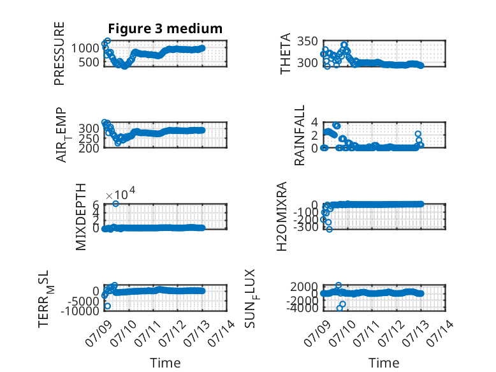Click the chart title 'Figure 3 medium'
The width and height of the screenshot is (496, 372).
(x=165, y=29)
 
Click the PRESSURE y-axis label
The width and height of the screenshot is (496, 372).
(x=59, y=54)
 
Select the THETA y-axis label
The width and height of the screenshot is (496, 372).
(x=286, y=54)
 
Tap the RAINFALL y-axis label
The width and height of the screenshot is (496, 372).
(x=299, y=135)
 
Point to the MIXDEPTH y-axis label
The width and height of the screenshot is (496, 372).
(x=81, y=217)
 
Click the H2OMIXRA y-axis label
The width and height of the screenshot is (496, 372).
(x=282, y=216)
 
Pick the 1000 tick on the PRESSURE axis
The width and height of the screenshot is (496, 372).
(x=85, y=48)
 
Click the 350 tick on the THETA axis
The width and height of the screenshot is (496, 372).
(x=307, y=41)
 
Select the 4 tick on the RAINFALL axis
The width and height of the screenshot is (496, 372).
(x=314, y=122)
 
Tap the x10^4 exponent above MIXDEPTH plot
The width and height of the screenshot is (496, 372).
(x=120, y=193)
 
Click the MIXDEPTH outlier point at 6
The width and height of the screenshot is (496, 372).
(x=116, y=204)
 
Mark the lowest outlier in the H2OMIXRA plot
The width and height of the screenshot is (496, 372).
(x=330, y=229)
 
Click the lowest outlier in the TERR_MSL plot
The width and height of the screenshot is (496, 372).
(x=108, y=306)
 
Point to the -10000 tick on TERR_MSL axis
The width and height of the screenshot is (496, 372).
(x=80, y=311)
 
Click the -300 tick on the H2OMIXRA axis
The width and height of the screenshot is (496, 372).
(x=306, y=227)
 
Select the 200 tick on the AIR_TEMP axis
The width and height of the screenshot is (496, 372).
(x=89, y=148)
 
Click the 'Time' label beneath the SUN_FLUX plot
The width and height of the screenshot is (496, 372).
(x=384, y=362)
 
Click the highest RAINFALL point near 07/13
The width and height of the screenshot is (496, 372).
(x=418, y=134)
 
